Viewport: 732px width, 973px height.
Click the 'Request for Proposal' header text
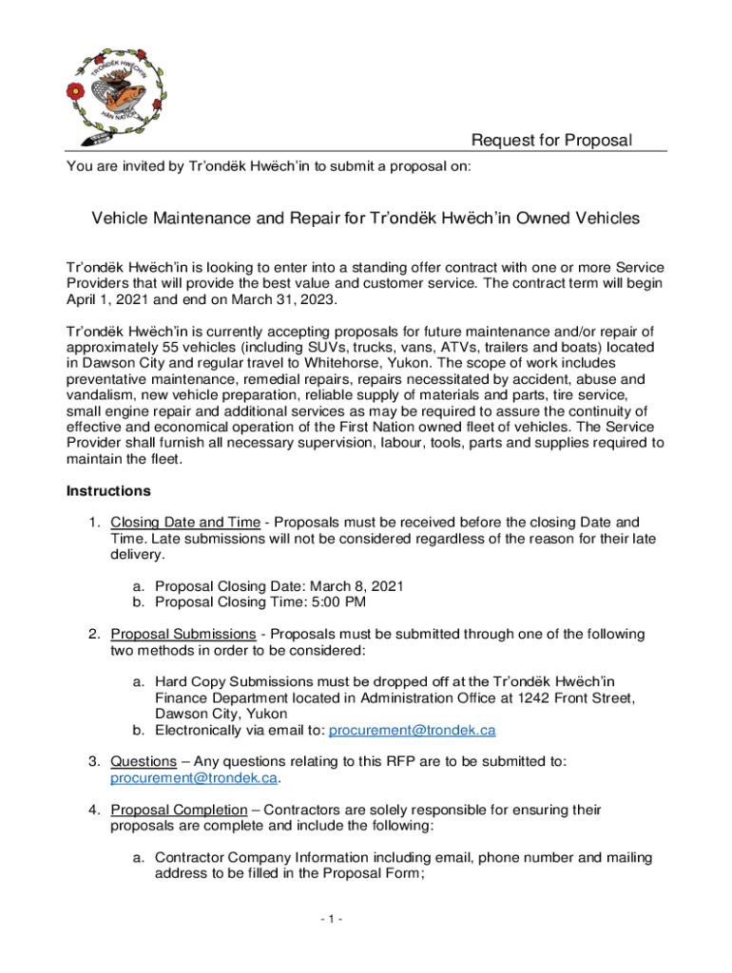(551, 141)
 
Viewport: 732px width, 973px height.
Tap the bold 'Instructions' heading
(108, 491)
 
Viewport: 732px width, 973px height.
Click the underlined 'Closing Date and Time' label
(184, 522)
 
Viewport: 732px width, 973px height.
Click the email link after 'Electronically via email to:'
(412, 730)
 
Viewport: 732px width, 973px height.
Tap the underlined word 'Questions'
(144, 761)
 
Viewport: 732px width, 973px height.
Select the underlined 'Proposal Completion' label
(185, 810)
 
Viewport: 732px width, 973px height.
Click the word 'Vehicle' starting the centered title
(121, 219)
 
